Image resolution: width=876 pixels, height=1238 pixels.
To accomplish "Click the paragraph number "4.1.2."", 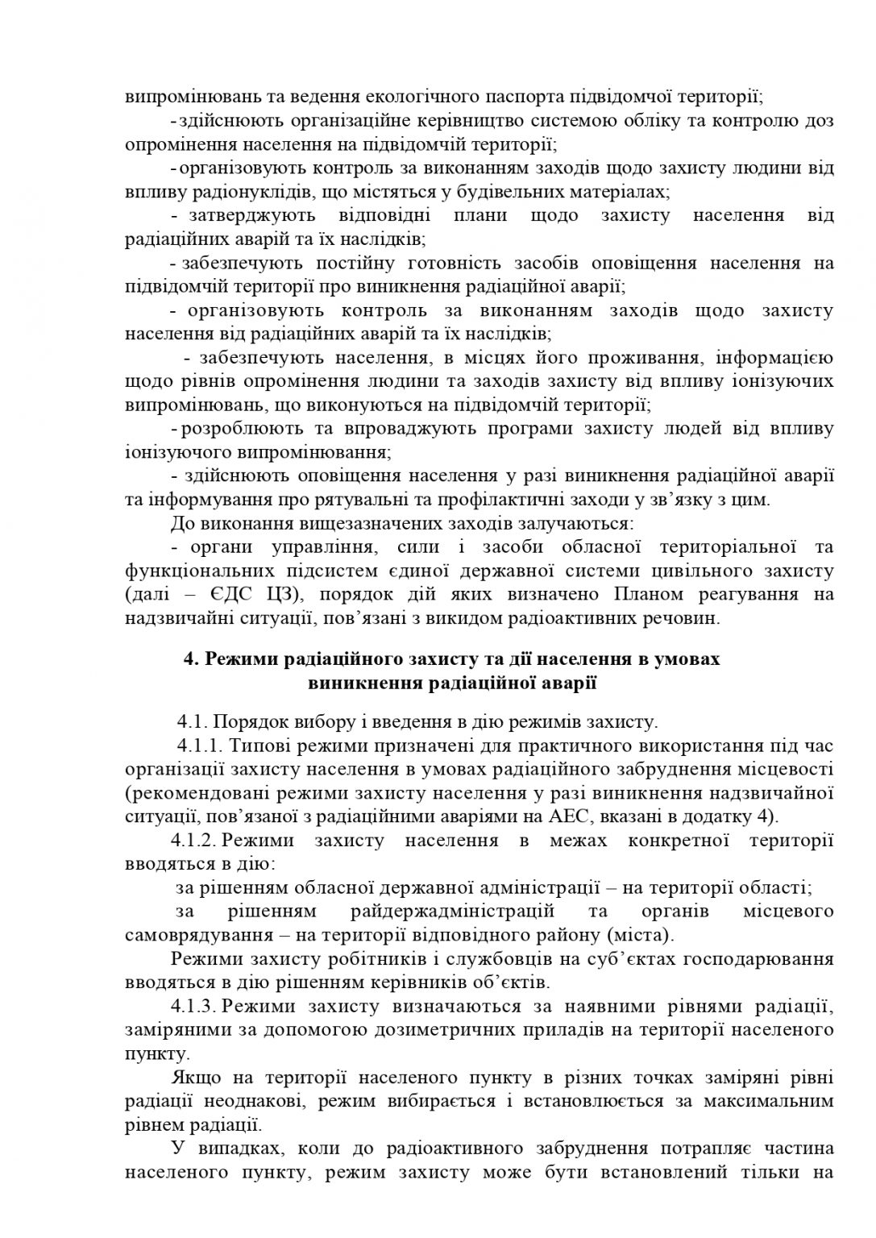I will [193, 841].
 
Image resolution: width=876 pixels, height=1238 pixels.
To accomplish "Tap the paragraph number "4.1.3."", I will [193, 1006].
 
